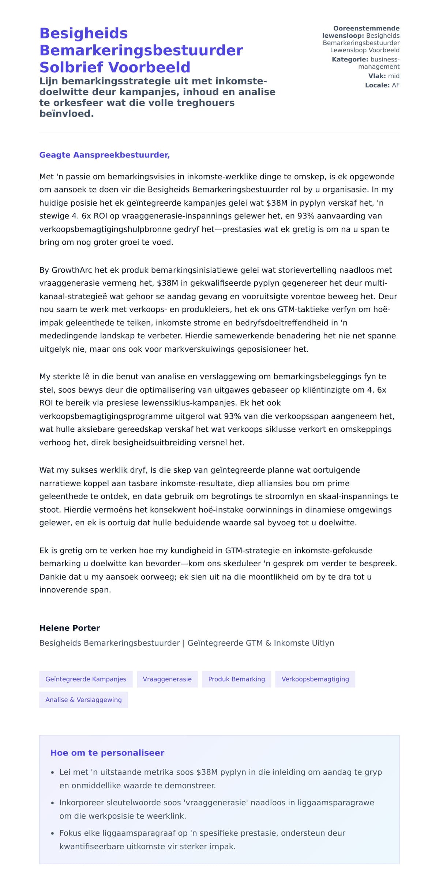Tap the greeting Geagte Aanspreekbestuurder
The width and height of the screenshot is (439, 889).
point(104,155)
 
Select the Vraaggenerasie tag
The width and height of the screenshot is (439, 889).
point(167,679)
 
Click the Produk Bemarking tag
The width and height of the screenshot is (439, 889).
point(236,679)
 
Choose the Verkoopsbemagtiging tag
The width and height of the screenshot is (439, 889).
point(315,679)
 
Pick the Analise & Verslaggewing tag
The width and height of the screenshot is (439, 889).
point(83,699)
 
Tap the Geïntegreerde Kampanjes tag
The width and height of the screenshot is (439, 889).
point(86,679)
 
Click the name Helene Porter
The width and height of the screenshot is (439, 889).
point(70,628)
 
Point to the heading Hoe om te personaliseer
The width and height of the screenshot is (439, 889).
point(107,753)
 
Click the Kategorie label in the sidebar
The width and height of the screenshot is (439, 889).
point(350,60)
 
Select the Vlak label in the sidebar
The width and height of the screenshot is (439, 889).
point(377,76)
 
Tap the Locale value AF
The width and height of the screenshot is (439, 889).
point(395,85)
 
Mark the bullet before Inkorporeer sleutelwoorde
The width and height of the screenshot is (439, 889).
point(53,803)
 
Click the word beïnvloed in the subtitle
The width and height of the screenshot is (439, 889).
point(66,114)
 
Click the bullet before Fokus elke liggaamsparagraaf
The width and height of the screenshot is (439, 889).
point(53,833)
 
